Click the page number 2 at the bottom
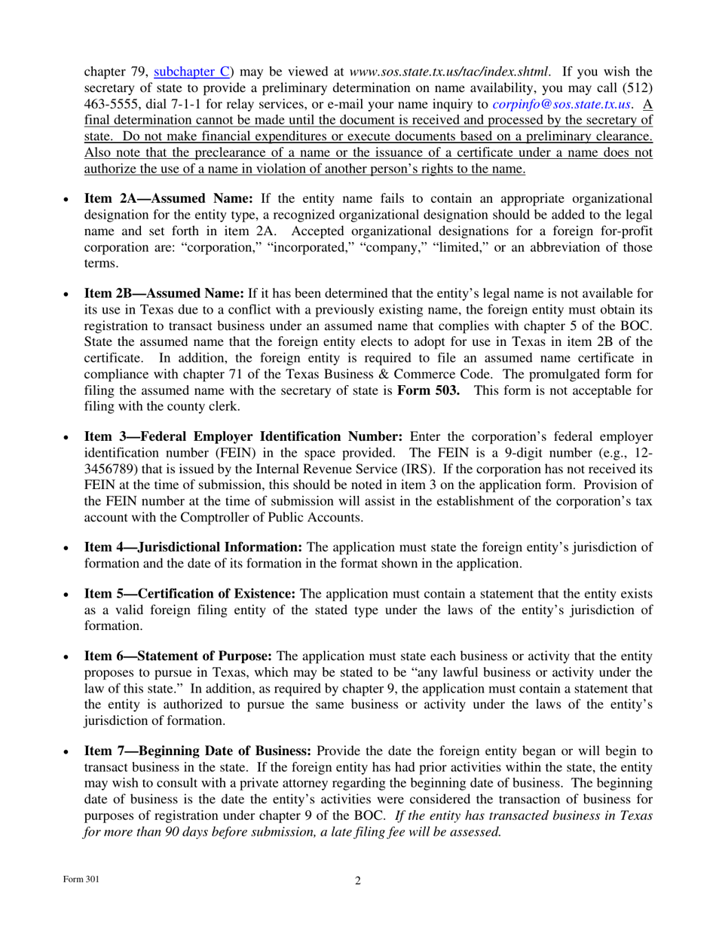point(358,880)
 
